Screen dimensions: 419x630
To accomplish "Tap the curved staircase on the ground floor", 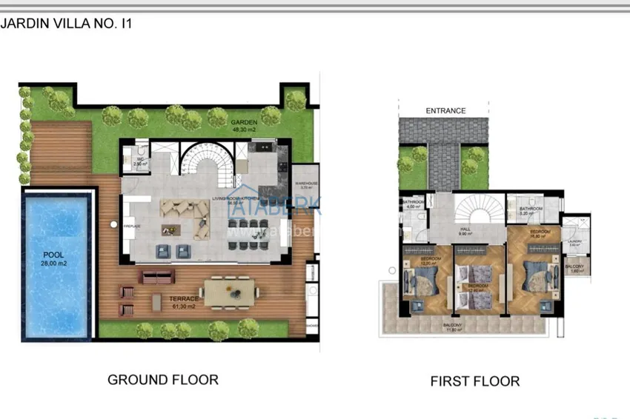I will click(207, 163).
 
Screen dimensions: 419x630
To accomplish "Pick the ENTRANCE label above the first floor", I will click(445, 111).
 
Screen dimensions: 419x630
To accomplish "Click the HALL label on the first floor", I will click(465, 232).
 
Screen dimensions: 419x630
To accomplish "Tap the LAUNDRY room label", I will click(574, 242).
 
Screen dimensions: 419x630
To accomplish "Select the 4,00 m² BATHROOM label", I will click(413, 204).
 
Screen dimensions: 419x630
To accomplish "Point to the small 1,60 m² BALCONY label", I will click(574, 268).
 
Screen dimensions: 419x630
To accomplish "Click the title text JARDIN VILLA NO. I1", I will click(67, 22).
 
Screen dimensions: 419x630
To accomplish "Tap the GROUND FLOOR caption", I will click(163, 380).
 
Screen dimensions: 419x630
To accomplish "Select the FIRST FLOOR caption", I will click(474, 382).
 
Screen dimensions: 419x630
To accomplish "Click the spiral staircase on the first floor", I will click(475, 209).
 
